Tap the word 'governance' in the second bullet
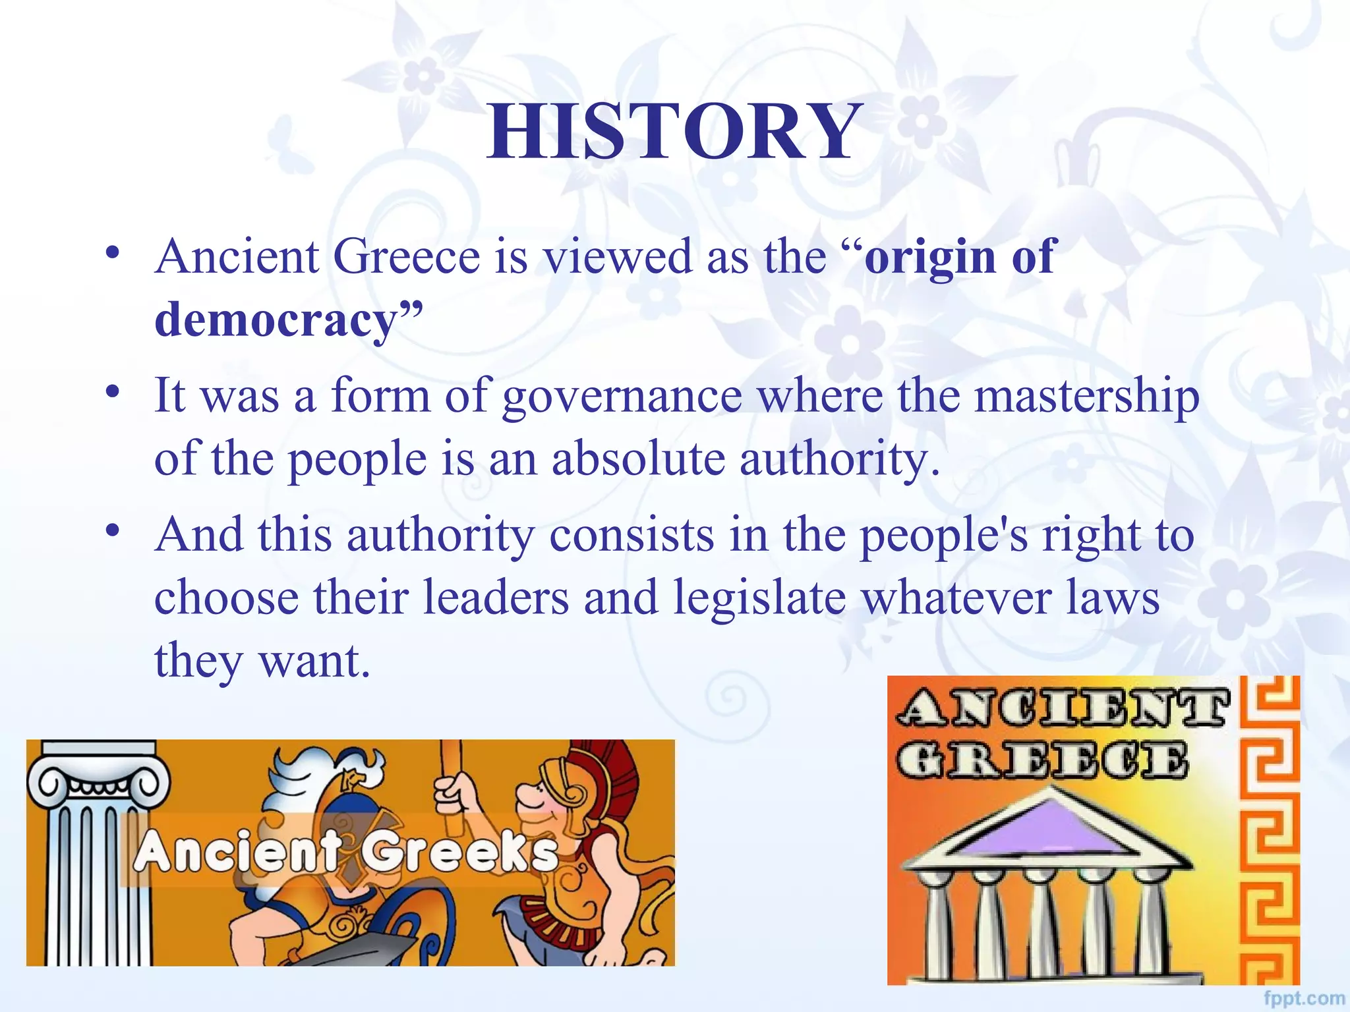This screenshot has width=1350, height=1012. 622,397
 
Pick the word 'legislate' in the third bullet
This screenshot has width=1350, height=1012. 759,598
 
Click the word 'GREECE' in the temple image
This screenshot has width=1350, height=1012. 1042,760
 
